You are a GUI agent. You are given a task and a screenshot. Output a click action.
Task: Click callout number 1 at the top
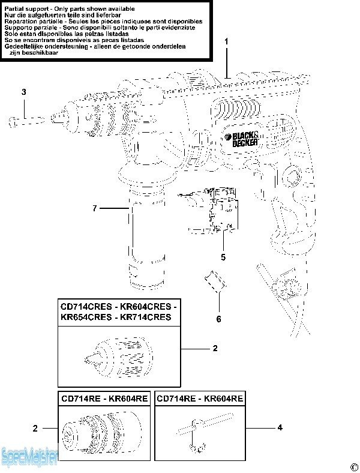[x=226, y=41]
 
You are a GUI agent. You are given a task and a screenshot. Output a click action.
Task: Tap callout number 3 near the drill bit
[x=24, y=92]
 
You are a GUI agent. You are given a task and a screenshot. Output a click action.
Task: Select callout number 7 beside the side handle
[x=95, y=208]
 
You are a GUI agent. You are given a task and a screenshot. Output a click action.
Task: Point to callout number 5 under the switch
[x=223, y=257]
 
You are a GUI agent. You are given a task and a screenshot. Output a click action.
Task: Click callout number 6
[x=218, y=319]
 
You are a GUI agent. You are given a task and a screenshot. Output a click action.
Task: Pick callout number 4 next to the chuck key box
[x=280, y=427]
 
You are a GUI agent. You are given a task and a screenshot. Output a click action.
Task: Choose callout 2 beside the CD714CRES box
[x=215, y=348]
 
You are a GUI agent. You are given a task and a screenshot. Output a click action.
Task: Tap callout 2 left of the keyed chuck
[x=35, y=428]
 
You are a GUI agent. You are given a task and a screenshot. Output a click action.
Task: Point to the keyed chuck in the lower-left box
[x=101, y=429]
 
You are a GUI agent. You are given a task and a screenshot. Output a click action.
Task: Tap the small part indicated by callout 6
[x=215, y=282]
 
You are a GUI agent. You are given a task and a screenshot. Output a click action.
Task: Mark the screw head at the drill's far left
[x=13, y=122]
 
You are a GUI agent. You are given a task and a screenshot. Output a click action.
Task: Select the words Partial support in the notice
[x=26, y=9]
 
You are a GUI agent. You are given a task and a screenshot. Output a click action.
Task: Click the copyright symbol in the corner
[x=353, y=466]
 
